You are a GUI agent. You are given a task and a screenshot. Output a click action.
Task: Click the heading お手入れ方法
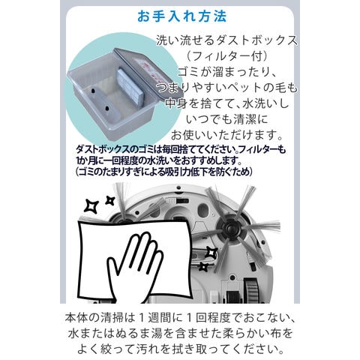pos(182,16)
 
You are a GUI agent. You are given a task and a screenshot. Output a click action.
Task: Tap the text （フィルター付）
pos(227,56)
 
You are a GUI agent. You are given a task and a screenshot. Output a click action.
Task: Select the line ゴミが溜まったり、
pos(226,72)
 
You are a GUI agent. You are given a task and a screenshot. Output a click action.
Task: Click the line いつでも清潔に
pos(226,119)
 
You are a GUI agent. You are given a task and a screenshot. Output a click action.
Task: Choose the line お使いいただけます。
pos(226,135)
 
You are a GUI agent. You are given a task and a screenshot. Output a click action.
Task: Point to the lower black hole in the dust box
pos(107,109)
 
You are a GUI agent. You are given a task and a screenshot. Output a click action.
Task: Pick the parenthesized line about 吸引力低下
pos(163,172)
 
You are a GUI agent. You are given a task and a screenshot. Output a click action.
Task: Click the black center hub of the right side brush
pos(228,228)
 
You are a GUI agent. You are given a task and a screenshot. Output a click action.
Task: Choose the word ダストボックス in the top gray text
pos(253,40)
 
